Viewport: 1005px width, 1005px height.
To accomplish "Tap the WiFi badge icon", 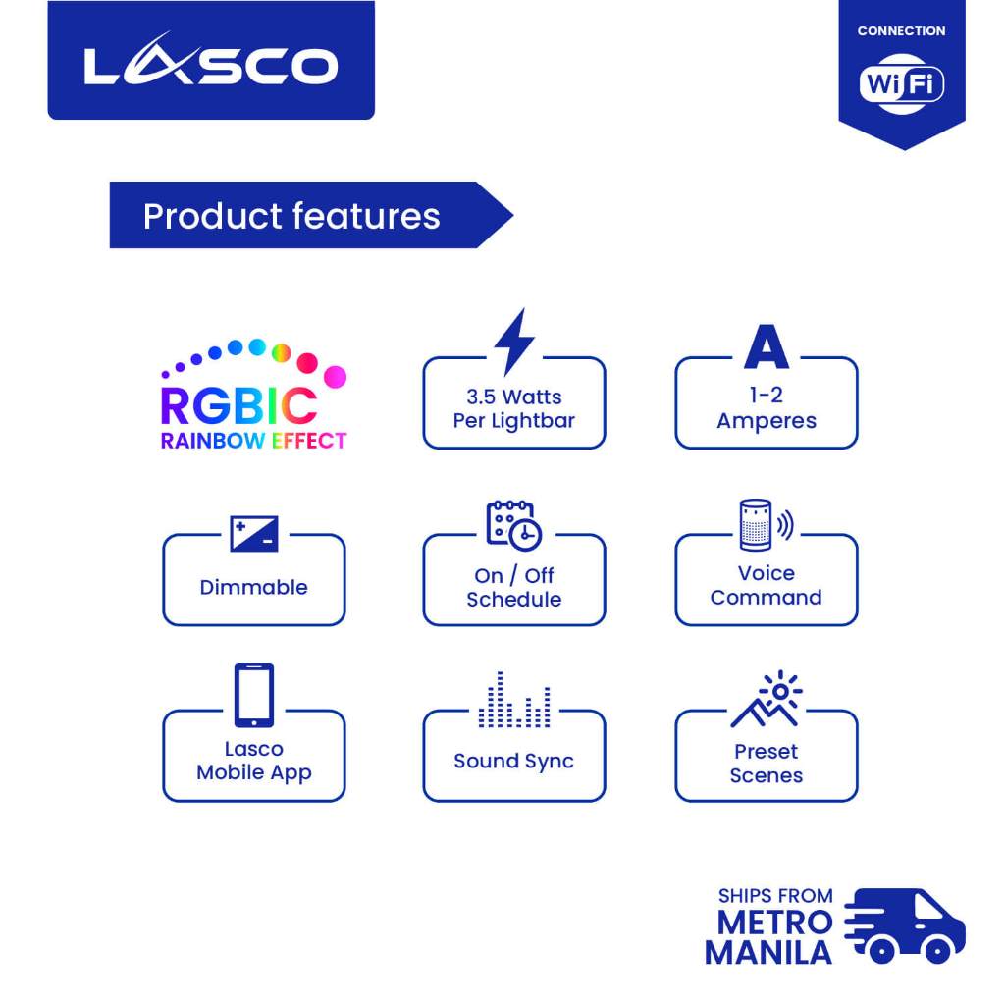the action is tap(901, 83).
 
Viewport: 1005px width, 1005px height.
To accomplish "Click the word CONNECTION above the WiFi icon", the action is tap(901, 30).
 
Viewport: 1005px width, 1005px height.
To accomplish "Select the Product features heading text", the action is tap(291, 216).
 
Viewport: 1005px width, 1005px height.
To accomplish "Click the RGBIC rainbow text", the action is tap(239, 405).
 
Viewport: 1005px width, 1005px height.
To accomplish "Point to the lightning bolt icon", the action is tap(514, 342).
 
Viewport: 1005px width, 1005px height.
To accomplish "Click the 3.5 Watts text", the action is tap(514, 397).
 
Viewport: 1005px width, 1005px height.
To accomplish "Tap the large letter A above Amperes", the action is tap(767, 346).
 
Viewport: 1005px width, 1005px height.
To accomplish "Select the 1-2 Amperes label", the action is tap(767, 407).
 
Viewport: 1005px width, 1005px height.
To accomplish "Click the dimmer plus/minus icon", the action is tap(254, 533).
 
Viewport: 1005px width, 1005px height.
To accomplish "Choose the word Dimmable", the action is tap(254, 587).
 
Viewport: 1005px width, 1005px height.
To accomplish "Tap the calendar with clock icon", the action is tap(514, 526).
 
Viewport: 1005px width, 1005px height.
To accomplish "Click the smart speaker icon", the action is tap(766, 525).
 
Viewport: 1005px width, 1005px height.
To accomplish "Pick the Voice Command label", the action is tap(766, 585).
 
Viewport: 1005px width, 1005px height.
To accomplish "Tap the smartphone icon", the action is tap(254, 696).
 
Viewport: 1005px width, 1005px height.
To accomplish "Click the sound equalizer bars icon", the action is tap(514, 700).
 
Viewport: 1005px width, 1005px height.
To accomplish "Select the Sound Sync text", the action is tap(514, 761).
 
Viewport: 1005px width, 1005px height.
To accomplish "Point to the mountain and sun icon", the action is tap(767, 699).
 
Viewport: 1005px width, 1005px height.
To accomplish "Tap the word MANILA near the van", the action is tap(768, 952).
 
